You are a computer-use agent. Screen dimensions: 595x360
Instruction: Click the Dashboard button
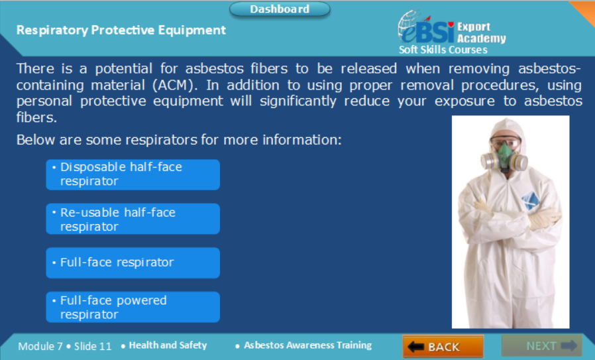coord(280,9)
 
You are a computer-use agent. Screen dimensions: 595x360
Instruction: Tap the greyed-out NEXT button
coord(542,345)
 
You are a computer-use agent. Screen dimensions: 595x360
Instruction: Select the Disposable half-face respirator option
coord(133,174)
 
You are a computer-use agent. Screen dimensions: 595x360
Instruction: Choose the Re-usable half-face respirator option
coord(133,219)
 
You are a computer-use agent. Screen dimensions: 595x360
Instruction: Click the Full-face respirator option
coord(133,263)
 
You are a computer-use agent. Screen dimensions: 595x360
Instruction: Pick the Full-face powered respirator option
coord(133,307)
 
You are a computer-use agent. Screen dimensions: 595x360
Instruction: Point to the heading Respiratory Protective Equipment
coord(121,30)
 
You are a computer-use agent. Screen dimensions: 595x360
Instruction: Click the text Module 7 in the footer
coord(40,346)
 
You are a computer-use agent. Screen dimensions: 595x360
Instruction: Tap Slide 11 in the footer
coord(93,346)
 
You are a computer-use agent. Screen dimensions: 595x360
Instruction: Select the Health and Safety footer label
coord(168,345)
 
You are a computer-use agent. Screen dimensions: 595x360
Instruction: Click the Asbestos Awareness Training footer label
coord(307,345)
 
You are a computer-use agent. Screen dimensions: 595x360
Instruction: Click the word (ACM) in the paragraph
coord(174,85)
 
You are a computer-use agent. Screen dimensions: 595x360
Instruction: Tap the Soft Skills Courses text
coord(443,50)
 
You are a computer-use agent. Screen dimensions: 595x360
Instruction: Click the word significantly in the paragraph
coord(298,101)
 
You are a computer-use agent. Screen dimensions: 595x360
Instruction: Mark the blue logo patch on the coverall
coord(531,200)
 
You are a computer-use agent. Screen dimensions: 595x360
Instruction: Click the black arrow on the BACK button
coord(415,346)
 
